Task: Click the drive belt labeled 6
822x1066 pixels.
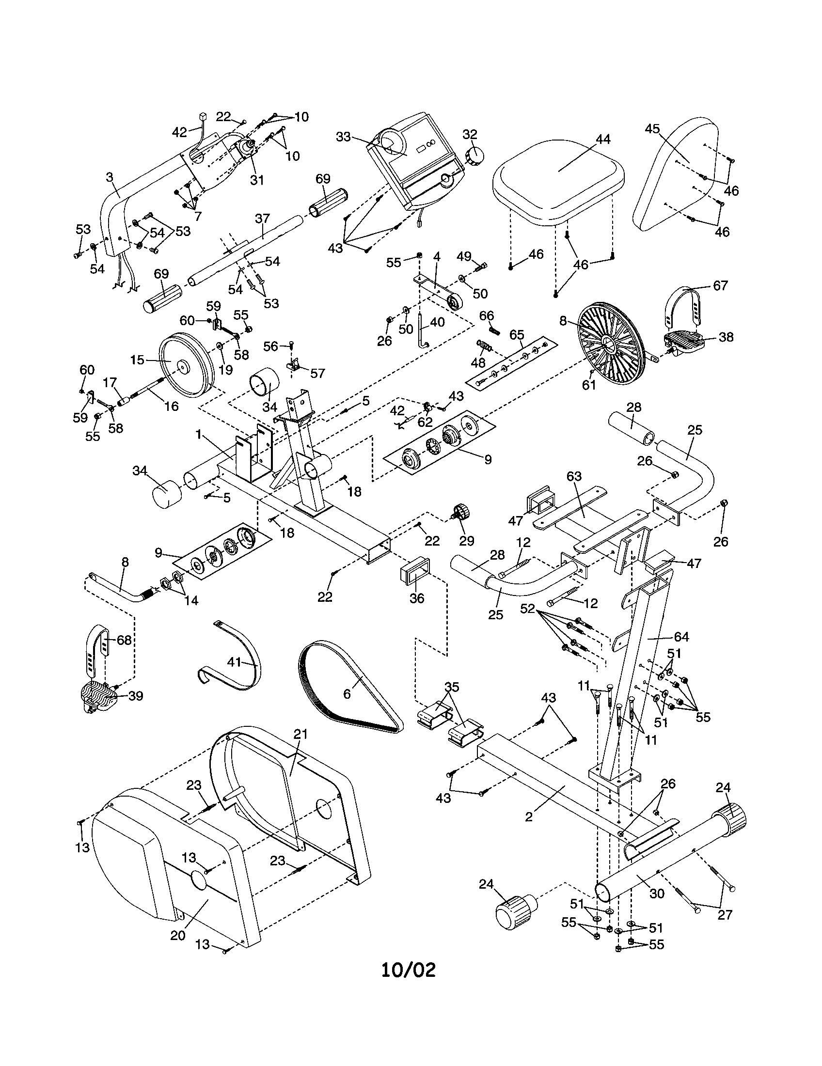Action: click(342, 683)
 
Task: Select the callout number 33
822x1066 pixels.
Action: click(343, 137)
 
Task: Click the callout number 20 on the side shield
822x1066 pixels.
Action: click(178, 936)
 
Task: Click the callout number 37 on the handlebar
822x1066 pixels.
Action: click(262, 218)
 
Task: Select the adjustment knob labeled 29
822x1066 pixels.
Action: click(461, 512)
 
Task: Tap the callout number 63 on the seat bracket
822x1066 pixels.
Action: click(574, 476)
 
